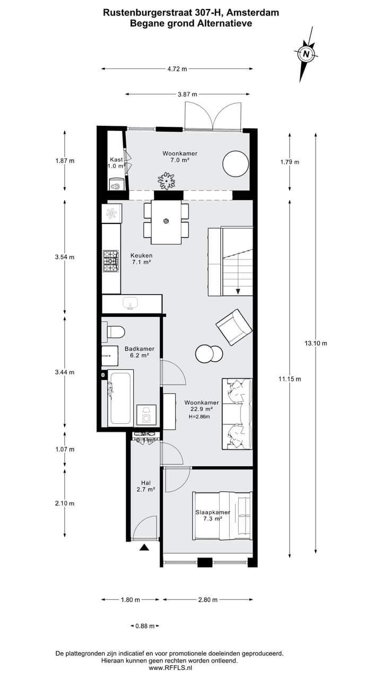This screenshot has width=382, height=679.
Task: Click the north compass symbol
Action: [x=306, y=54]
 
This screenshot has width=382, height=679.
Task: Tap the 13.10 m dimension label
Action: [x=316, y=343]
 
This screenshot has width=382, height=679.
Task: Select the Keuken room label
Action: [x=141, y=255]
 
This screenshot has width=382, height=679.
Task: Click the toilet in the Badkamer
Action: [x=115, y=332]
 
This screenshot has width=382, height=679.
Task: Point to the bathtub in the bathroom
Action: [x=120, y=398]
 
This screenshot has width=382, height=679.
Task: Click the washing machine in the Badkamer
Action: [x=146, y=415]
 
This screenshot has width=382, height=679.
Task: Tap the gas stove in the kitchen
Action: [x=111, y=260]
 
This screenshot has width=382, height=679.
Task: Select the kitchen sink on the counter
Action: [x=130, y=303]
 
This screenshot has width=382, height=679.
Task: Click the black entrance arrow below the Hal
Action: [x=144, y=547]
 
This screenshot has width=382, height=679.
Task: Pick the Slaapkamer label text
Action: [x=213, y=512]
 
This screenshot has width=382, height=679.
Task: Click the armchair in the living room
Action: [x=233, y=327]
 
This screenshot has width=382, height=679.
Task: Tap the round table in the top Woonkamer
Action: [x=235, y=164]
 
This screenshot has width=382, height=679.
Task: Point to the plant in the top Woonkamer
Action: [x=167, y=181]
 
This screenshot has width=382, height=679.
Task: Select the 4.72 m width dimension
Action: [x=177, y=68]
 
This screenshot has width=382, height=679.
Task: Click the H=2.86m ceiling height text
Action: [x=199, y=416]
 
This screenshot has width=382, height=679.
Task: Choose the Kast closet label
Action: [x=116, y=160]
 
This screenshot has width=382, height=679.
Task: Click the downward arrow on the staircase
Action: [x=238, y=290]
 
